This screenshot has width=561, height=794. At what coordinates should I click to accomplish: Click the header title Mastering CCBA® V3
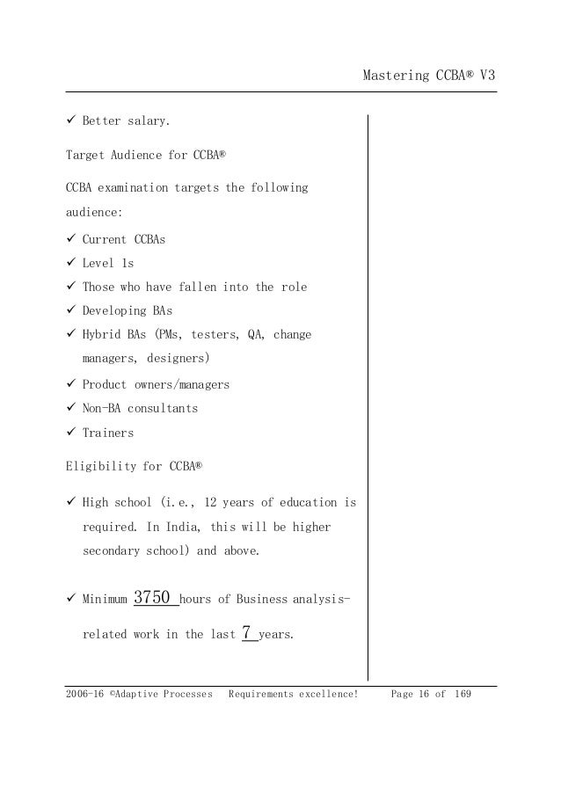pyautogui.click(x=429, y=76)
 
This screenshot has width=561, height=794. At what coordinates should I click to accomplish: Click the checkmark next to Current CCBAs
pyautogui.click(x=71, y=239)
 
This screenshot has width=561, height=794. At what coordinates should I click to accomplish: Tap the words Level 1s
pyautogui.click(x=107, y=263)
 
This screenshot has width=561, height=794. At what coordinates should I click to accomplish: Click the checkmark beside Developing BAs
pyautogui.click(x=71, y=310)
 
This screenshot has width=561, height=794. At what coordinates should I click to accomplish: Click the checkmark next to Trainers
pyautogui.click(x=71, y=433)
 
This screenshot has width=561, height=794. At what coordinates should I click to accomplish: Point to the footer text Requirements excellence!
pyautogui.click(x=292, y=695)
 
